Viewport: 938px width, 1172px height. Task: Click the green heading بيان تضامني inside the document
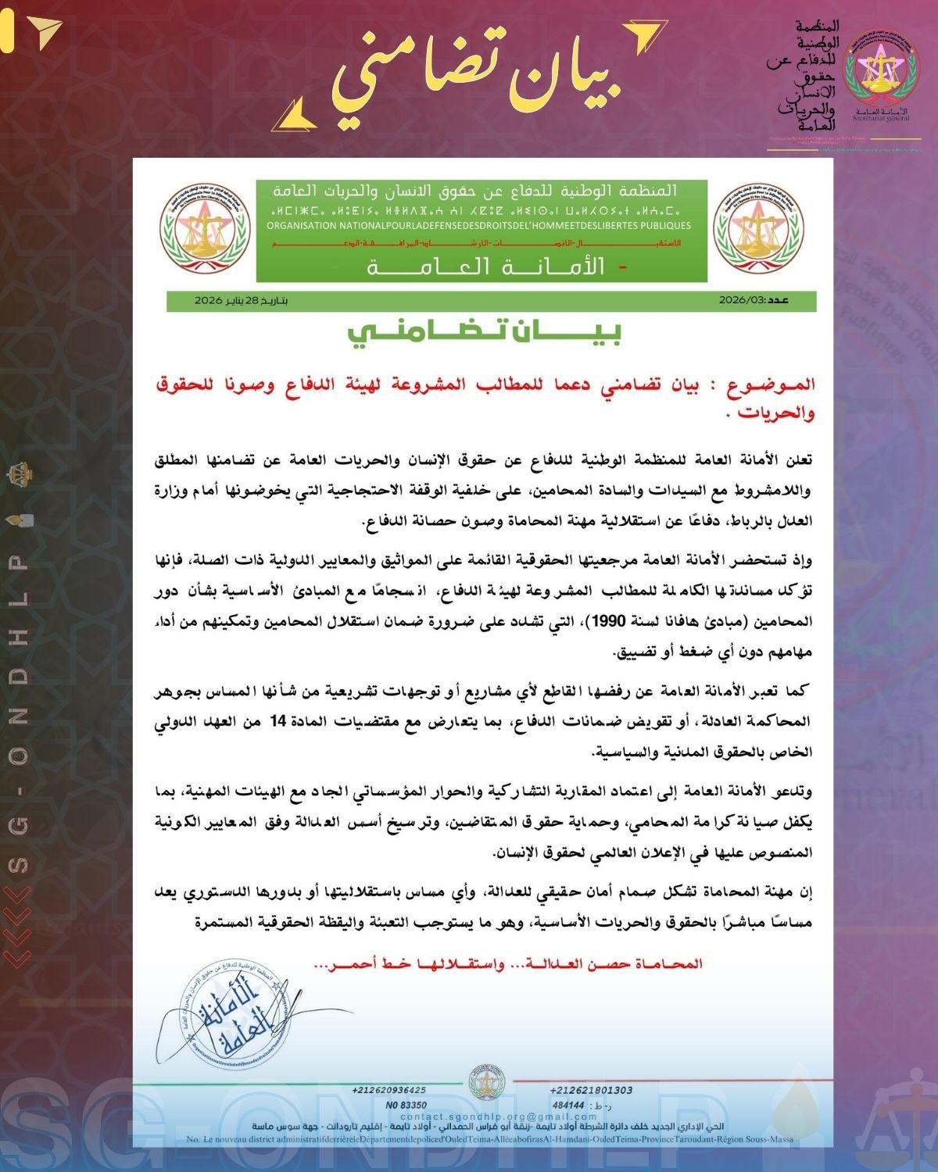click(x=485, y=332)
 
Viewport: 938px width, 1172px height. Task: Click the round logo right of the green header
click(x=757, y=227)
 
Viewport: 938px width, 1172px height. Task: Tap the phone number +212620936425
click(x=388, y=1090)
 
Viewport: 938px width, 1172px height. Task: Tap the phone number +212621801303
click(x=591, y=1090)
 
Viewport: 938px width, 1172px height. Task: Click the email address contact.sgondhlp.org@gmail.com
click(x=487, y=1117)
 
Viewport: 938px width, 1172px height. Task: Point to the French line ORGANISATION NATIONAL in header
click(x=478, y=226)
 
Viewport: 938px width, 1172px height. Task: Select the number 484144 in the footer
click(x=567, y=1105)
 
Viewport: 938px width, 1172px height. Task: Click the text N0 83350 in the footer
click(x=406, y=1105)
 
